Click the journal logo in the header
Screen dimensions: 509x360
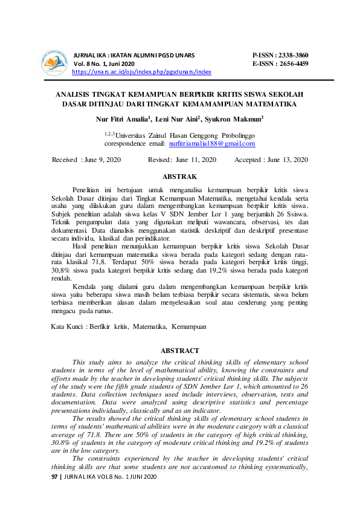point(54,62)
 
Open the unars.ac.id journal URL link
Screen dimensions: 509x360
point(141,71)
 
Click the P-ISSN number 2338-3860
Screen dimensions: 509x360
point(292,54)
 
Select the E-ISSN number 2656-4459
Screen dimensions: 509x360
point(292,63)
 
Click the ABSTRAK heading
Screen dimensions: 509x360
point(180,177)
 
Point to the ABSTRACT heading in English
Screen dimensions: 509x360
point(180,351)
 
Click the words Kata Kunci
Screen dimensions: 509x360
point(68,326)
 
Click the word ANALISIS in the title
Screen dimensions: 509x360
point(74,95)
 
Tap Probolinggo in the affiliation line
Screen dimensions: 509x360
point(236,135)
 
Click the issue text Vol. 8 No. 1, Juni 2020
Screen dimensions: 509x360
point(104,63)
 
